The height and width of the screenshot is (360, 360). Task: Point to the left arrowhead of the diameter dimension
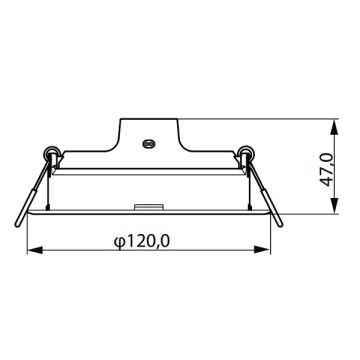[30, 250]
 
